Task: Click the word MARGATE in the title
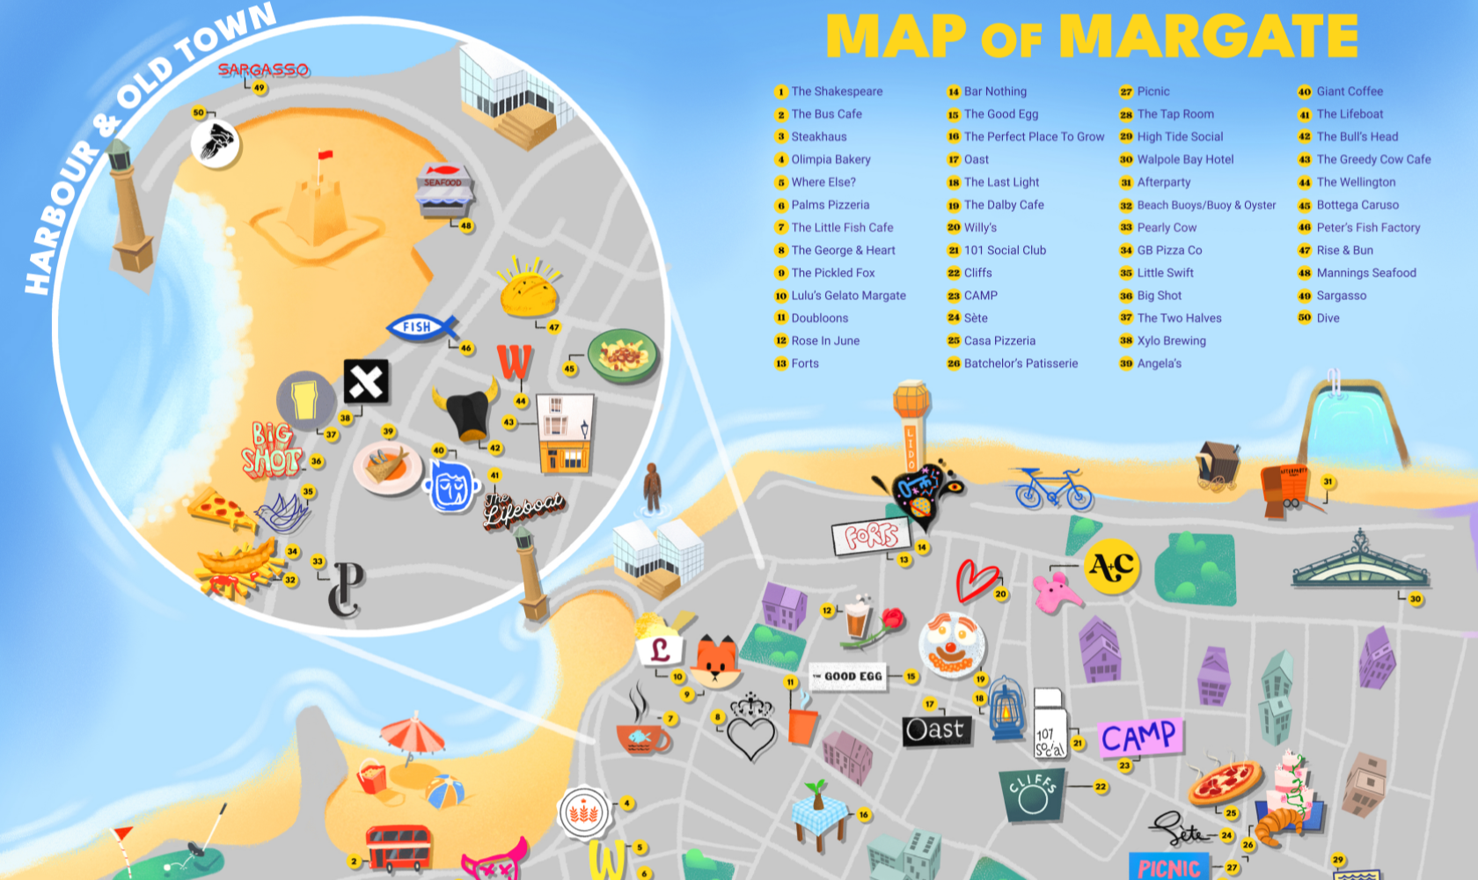(1209, 36)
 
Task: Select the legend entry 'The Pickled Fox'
(832, 273)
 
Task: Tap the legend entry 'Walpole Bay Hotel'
(1185, 159)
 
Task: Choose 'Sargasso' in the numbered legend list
(1341, 296)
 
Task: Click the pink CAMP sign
(1139, 737)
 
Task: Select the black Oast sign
(935, 730)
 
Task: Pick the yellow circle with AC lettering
(1112, 566)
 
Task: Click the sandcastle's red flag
(325, 157)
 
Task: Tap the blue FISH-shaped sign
(421, 327)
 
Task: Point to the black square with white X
(366, 381)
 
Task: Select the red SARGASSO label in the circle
(263, 70)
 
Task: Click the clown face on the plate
(951, 645)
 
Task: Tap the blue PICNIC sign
(1169, 868)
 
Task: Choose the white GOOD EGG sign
(847, 677)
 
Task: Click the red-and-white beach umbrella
(412, 734)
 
